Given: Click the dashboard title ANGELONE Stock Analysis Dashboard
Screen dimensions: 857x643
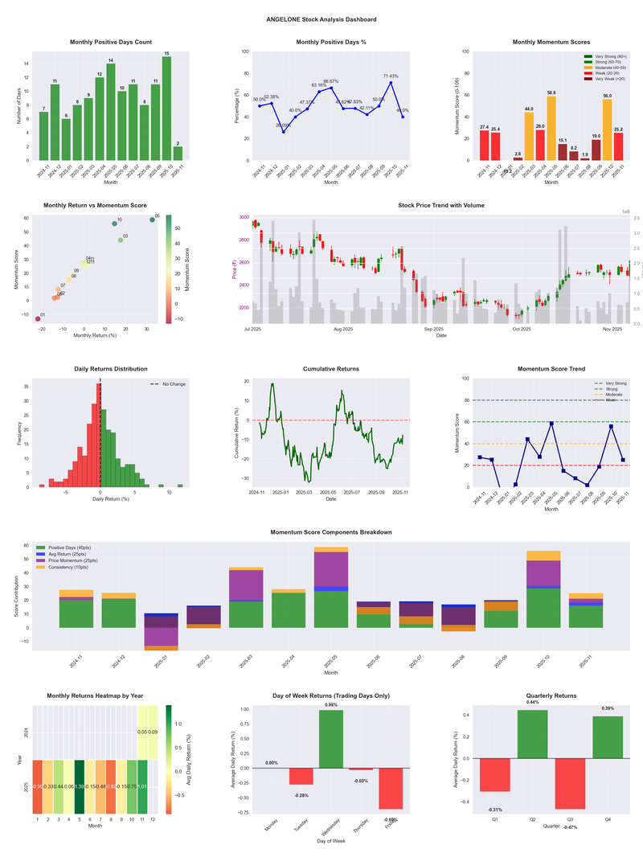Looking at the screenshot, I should [321, 18].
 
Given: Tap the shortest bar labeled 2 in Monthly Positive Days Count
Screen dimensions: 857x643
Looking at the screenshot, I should [178, 154].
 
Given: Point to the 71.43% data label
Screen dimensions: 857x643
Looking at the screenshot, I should [390, 76].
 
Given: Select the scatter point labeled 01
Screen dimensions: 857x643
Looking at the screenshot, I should [37, 319].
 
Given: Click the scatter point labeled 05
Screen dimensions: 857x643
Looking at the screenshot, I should [152, 219].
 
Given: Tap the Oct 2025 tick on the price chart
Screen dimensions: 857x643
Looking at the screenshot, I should [522, 329].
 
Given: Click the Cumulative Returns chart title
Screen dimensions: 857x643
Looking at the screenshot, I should [331, 369].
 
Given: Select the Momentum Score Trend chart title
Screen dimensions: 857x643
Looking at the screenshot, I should [551, 369].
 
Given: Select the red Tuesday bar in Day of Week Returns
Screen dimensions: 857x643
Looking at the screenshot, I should [301, 777].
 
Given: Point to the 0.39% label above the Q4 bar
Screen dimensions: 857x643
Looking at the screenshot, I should [607, 708].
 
